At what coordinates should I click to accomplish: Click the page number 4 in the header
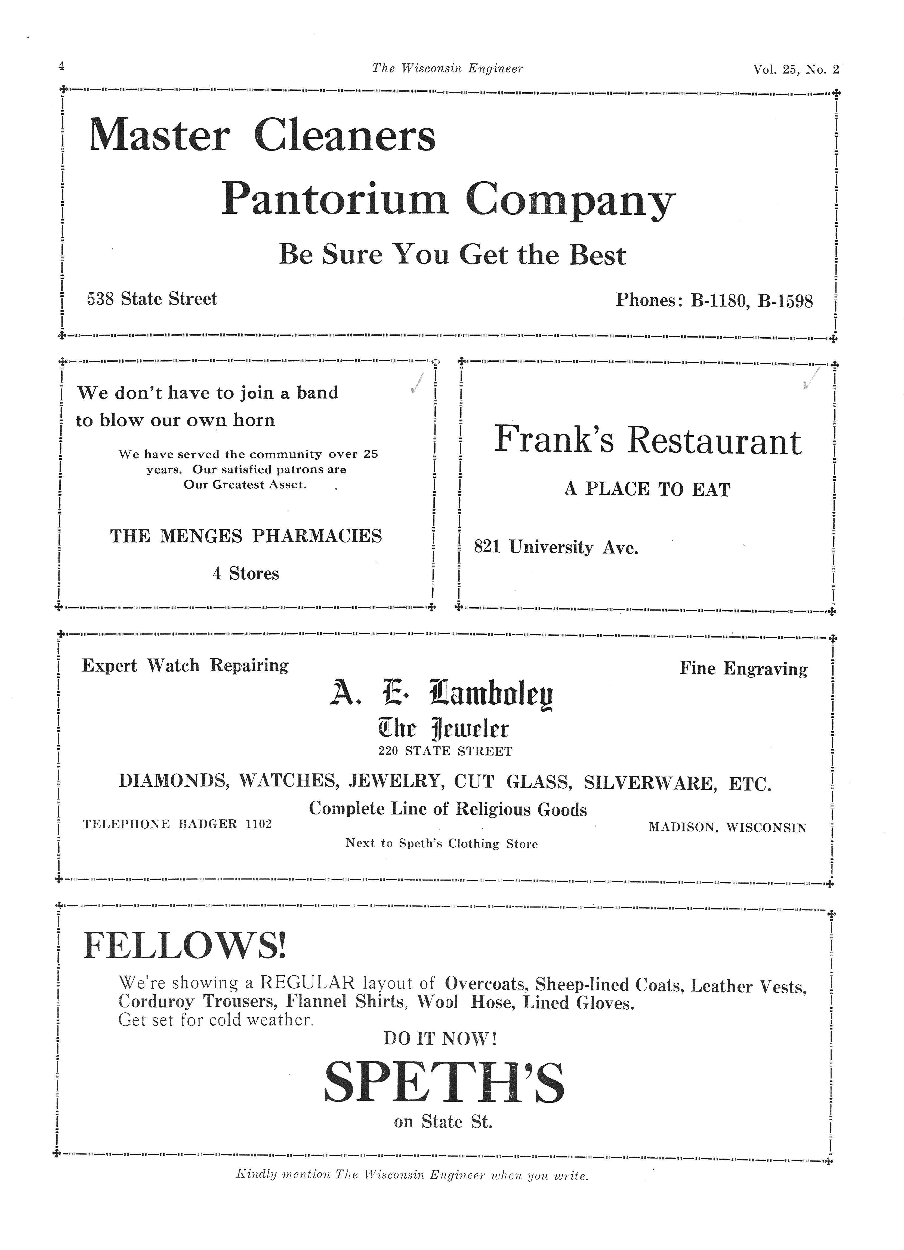pos(61,66)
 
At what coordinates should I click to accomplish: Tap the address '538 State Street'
pos(152,299)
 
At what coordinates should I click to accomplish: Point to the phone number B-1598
pos(785,301)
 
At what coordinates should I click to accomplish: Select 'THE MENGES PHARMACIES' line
pos(246,536)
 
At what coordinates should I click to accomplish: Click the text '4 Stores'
pos(246,574)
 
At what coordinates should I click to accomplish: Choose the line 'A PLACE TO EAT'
pos(647,489)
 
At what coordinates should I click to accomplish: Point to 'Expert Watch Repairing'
pos(185,666)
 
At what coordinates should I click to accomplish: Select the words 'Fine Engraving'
pos(743,669)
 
